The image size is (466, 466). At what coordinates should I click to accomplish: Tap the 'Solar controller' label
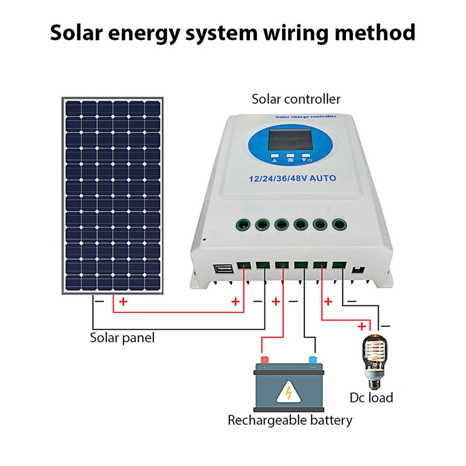point(296,99)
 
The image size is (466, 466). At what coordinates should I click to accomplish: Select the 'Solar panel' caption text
point(122,338)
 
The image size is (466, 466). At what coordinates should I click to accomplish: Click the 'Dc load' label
point(371,398)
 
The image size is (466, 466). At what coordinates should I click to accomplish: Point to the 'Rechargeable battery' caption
point(290,420)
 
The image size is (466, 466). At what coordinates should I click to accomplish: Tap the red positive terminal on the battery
point(264,359)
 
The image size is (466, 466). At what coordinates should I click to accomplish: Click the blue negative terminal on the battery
point(313,359)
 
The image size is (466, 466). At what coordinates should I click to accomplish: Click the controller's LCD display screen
point(290,140)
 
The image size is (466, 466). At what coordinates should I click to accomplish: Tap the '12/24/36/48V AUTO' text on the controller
point(292,178)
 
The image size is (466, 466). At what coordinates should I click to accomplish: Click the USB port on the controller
point(223,269)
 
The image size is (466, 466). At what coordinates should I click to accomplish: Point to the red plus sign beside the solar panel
point(123,301)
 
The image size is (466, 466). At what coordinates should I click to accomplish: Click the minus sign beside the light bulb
point(385,326)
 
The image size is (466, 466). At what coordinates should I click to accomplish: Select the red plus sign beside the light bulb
point(362,326)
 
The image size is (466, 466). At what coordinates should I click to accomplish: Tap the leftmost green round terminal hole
point(243,225)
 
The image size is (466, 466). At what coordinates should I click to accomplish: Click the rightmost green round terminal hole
point(339,225)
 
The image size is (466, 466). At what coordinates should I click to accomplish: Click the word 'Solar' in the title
point(77,33)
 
